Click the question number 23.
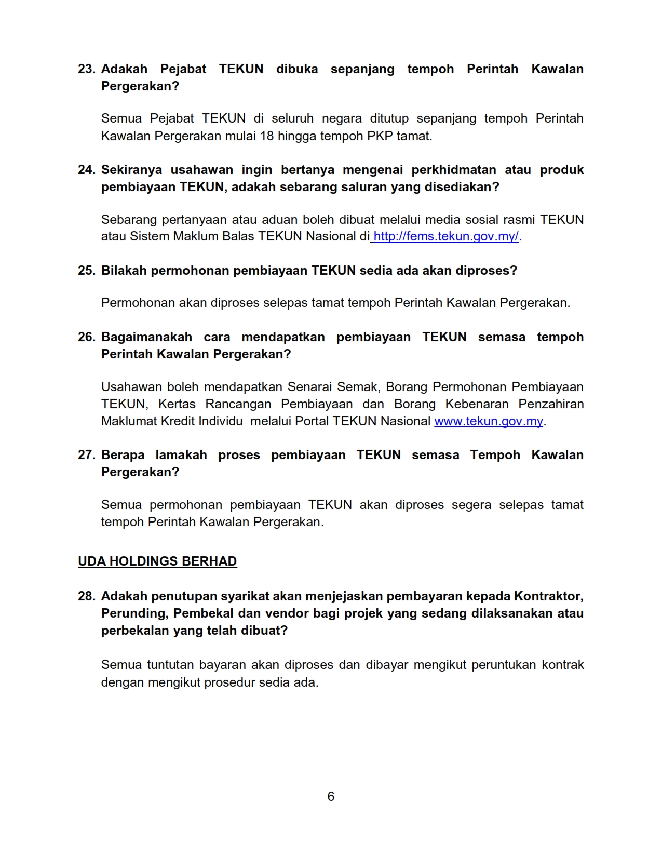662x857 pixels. tap(86, 69)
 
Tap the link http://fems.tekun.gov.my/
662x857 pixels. tap(445, 236)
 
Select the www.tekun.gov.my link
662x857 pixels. tap(488, 421)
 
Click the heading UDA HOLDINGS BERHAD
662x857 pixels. tap(157, 561)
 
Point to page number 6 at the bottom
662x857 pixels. tap(331, 796)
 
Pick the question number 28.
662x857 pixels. tap(86, 596)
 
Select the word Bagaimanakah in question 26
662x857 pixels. tap(146, 337)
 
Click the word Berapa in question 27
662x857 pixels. tap(123, 455)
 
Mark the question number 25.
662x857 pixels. tap(86, 271)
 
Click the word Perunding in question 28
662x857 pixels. tap(134, 613)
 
